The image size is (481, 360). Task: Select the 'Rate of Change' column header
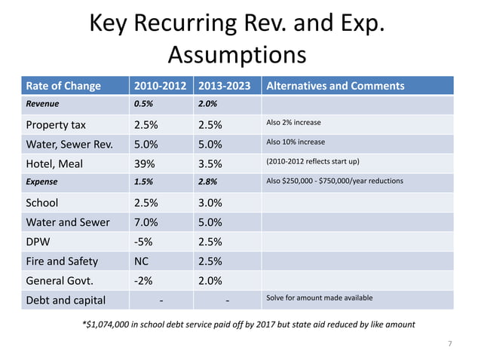(63, 86)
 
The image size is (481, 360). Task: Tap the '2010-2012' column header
(160, 86)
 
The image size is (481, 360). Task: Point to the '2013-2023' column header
(225, 86)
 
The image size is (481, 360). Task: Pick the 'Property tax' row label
(57, 124)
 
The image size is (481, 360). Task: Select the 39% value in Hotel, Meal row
(145, 163)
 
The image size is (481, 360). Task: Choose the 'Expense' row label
(42, 182)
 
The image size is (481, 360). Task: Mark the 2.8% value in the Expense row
(208, 182)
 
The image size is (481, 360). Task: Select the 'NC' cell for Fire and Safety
(142, 261)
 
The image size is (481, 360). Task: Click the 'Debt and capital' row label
(66, 301)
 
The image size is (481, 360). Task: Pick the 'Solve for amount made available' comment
(320, 298)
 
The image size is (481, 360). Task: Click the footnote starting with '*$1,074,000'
(247, 324)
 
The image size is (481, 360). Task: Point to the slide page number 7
(449, 344)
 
